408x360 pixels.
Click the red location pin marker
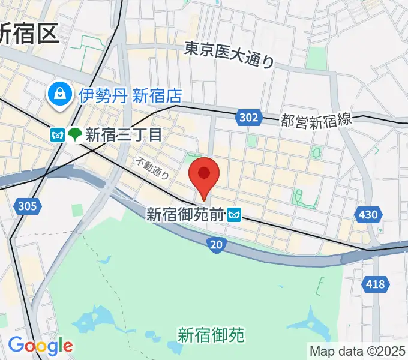(204, 175)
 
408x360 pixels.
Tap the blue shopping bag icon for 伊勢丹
(61, 94)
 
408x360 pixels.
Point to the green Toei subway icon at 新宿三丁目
(75, 135)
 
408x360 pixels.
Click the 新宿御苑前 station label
(185, 214)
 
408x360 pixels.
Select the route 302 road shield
(249, 118)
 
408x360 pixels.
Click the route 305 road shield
(27, 206)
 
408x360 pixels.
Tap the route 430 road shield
(368, 214)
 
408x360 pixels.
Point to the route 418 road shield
(375, 284)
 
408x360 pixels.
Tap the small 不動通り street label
(152, 167)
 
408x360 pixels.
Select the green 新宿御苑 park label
(211, 334)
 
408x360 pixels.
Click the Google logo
(40, 346)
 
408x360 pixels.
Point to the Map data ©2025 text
(358, 351)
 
